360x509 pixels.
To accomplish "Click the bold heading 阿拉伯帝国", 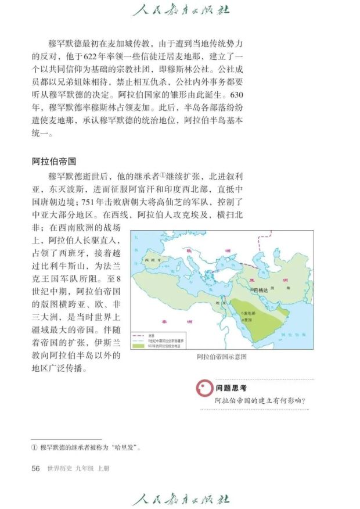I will coord(54,162).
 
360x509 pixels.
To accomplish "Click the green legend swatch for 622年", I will coord(140,346).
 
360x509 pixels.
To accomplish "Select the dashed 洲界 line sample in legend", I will coord(139,335).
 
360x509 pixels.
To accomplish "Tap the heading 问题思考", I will coord(231,388).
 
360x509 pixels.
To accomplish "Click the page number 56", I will coord(35,468).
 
